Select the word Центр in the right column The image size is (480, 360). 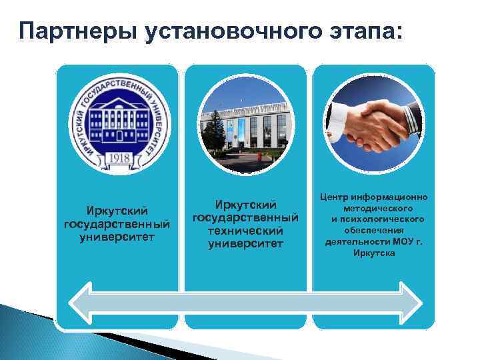pos(336,198)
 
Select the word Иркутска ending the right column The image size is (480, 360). pos(374,253)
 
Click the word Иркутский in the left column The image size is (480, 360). pos(117,211)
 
